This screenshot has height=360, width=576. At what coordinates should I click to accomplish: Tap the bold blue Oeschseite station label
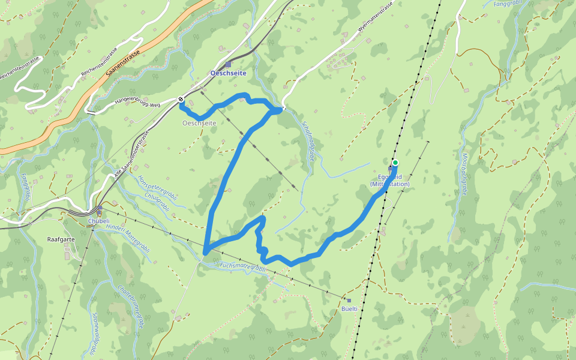[x=229, y=73]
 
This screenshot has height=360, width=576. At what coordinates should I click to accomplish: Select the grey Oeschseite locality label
[x=199, y=123]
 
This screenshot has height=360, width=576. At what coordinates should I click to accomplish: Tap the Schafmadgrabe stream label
[x=309, y=139]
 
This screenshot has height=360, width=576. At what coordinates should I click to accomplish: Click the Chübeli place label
[x=99, y=220]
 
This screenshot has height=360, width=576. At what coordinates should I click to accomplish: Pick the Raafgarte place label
[x=60, y=239]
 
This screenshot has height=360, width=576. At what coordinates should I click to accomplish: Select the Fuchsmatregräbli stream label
[x=242, y=265]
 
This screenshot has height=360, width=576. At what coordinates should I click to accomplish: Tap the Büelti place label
[x=349, y=308]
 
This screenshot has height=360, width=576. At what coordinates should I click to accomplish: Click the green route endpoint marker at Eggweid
[x=395, y=163]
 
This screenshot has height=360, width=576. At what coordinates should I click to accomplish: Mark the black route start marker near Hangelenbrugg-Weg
[x=181, y=99]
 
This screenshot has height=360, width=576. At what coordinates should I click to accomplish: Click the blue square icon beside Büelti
[x=349, y=300]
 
